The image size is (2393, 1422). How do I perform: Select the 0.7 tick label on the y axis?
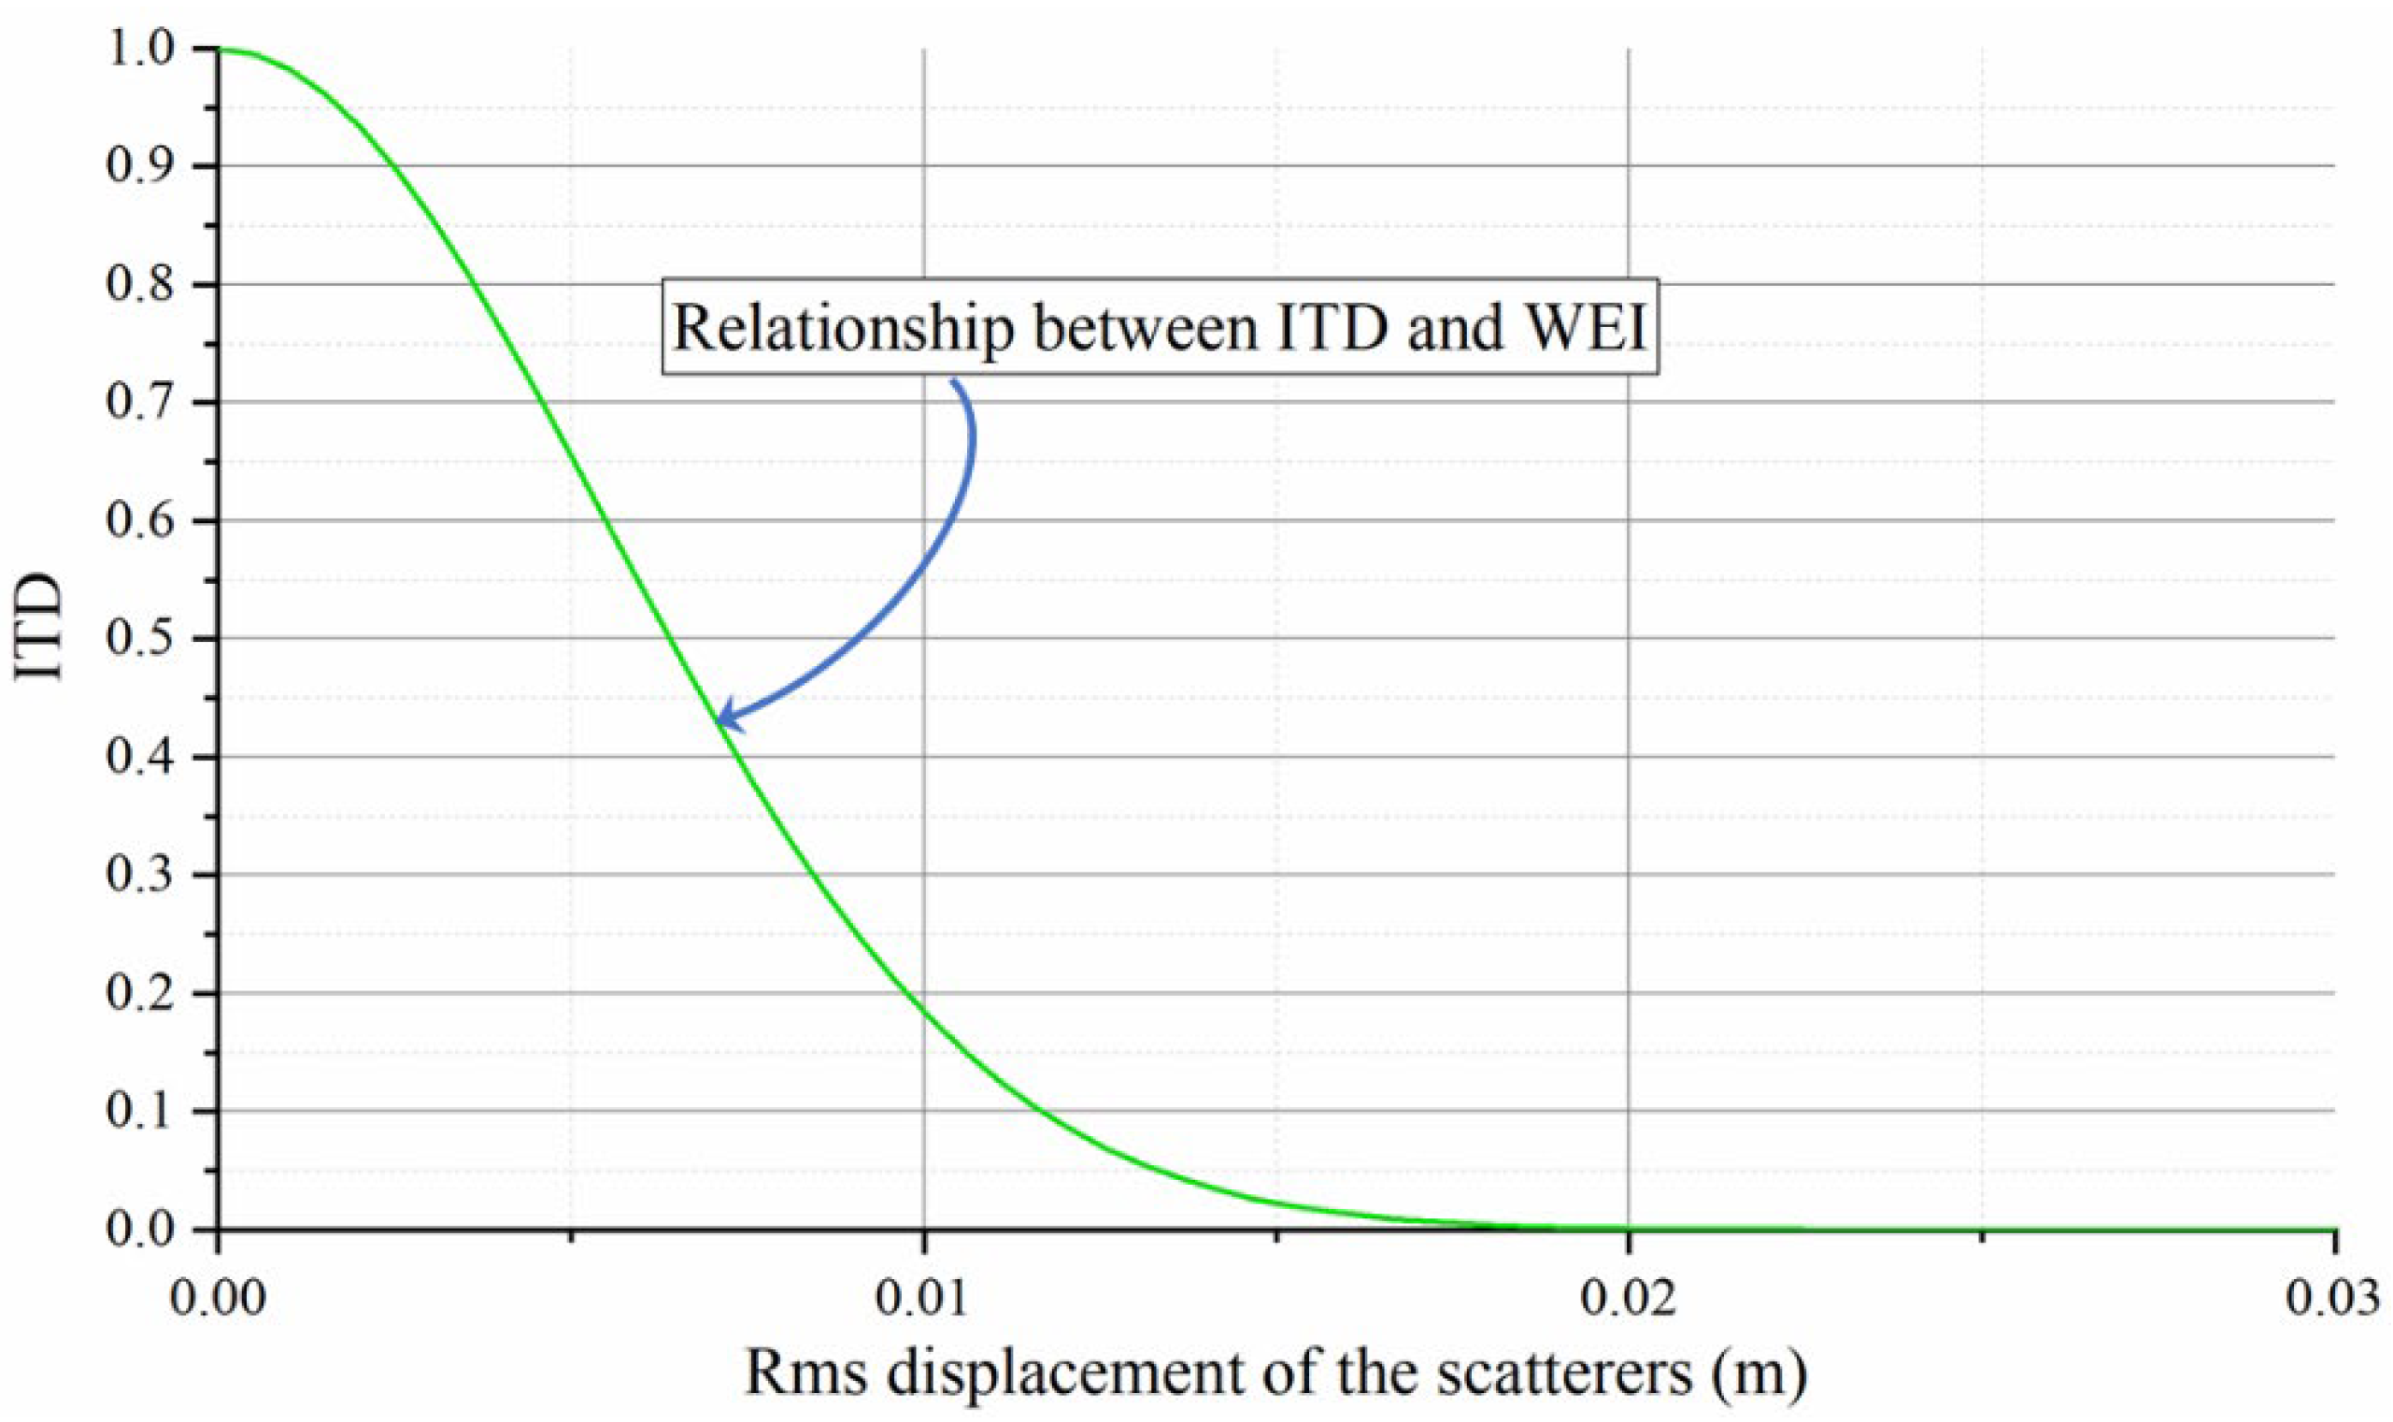click(x=145, y=403)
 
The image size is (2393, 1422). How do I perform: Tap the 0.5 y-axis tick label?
click(x=145, y=638)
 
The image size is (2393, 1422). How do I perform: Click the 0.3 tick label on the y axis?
click(x=145, y=875)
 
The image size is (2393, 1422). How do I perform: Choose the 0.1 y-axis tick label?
click(x=145, y=1112)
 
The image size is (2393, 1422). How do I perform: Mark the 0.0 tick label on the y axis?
click(x=145, y=1230)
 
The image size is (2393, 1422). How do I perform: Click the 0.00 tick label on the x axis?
click(x=218, y=1301)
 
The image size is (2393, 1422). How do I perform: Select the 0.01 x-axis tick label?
click(x=923, y=1301)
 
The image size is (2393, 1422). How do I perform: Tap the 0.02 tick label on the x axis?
click(x=1629, y=1301)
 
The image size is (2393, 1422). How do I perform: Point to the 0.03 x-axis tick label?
click(x=2332, y=1301)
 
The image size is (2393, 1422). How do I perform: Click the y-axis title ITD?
click(x=40, y=628)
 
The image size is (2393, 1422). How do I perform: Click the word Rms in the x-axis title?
click(x=807, y=1374)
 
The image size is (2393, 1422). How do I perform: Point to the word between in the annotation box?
click(x=1147, y=328)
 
